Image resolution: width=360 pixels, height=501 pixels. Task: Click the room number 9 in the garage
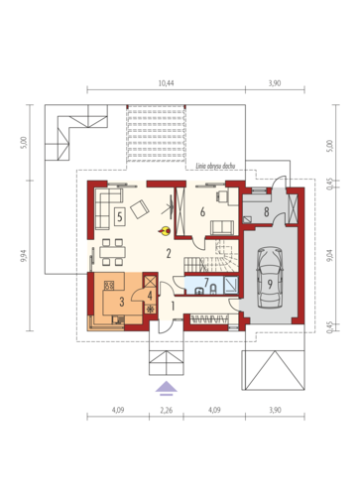click(270, 284)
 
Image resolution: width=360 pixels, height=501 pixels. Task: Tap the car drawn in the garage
click(270, 277)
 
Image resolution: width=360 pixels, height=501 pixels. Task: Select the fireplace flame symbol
click(165, 231)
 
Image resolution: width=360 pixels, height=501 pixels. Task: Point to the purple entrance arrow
click(167, 388)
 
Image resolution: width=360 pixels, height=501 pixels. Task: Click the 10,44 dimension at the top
click(166, 83)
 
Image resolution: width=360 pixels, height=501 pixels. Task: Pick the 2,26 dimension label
click(166, 411)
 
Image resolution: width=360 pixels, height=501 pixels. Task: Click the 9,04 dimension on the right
click(329, 255)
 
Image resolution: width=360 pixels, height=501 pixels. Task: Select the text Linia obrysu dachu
click(215, 166)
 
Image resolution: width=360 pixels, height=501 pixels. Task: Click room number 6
click(202, 211)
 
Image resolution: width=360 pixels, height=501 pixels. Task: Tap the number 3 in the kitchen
click(122, 302)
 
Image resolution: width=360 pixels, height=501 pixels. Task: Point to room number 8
click(266, 212)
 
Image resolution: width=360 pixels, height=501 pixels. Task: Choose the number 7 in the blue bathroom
click(206, 283)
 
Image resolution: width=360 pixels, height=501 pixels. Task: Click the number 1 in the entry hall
click(173, 306)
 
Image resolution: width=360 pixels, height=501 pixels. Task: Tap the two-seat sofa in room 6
click(222, 228)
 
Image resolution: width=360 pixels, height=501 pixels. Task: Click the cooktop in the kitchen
click(109, 285)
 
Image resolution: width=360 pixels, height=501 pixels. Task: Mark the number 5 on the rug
click(120, 217)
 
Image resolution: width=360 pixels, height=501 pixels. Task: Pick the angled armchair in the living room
click(140, 209)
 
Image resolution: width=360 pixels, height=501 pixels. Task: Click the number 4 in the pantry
click(150, 296)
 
